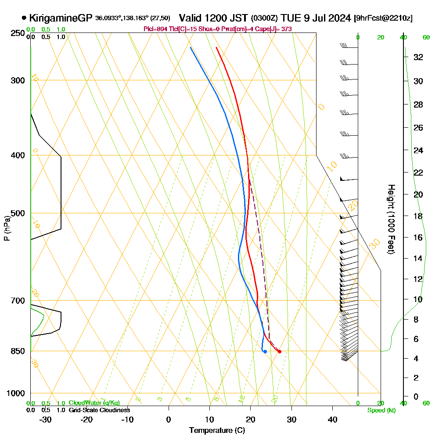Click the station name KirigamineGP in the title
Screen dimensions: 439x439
coord(61,18)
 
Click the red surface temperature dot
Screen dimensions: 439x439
coord(280,352)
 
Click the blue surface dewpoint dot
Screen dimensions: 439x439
coord(265,352)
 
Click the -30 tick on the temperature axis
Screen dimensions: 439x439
coord(45,419)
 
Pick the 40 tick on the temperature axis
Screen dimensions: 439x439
coord(333,419)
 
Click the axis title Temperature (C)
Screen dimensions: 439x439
coord(217,431)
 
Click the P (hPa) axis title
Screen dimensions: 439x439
coord(7,228)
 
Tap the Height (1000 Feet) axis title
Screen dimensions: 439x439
coord(390,219)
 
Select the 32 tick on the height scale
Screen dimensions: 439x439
coord(418,57)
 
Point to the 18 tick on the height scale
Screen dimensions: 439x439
coord(418,216)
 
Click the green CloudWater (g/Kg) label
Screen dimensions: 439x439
coord(94,403)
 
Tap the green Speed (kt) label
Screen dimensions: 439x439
coord(380,410)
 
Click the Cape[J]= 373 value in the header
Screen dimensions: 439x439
coord(277,29)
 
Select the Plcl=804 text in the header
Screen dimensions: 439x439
coord(155,29)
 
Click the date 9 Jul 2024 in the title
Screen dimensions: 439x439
coord(325,18)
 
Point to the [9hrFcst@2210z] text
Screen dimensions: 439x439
coord(383,18)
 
